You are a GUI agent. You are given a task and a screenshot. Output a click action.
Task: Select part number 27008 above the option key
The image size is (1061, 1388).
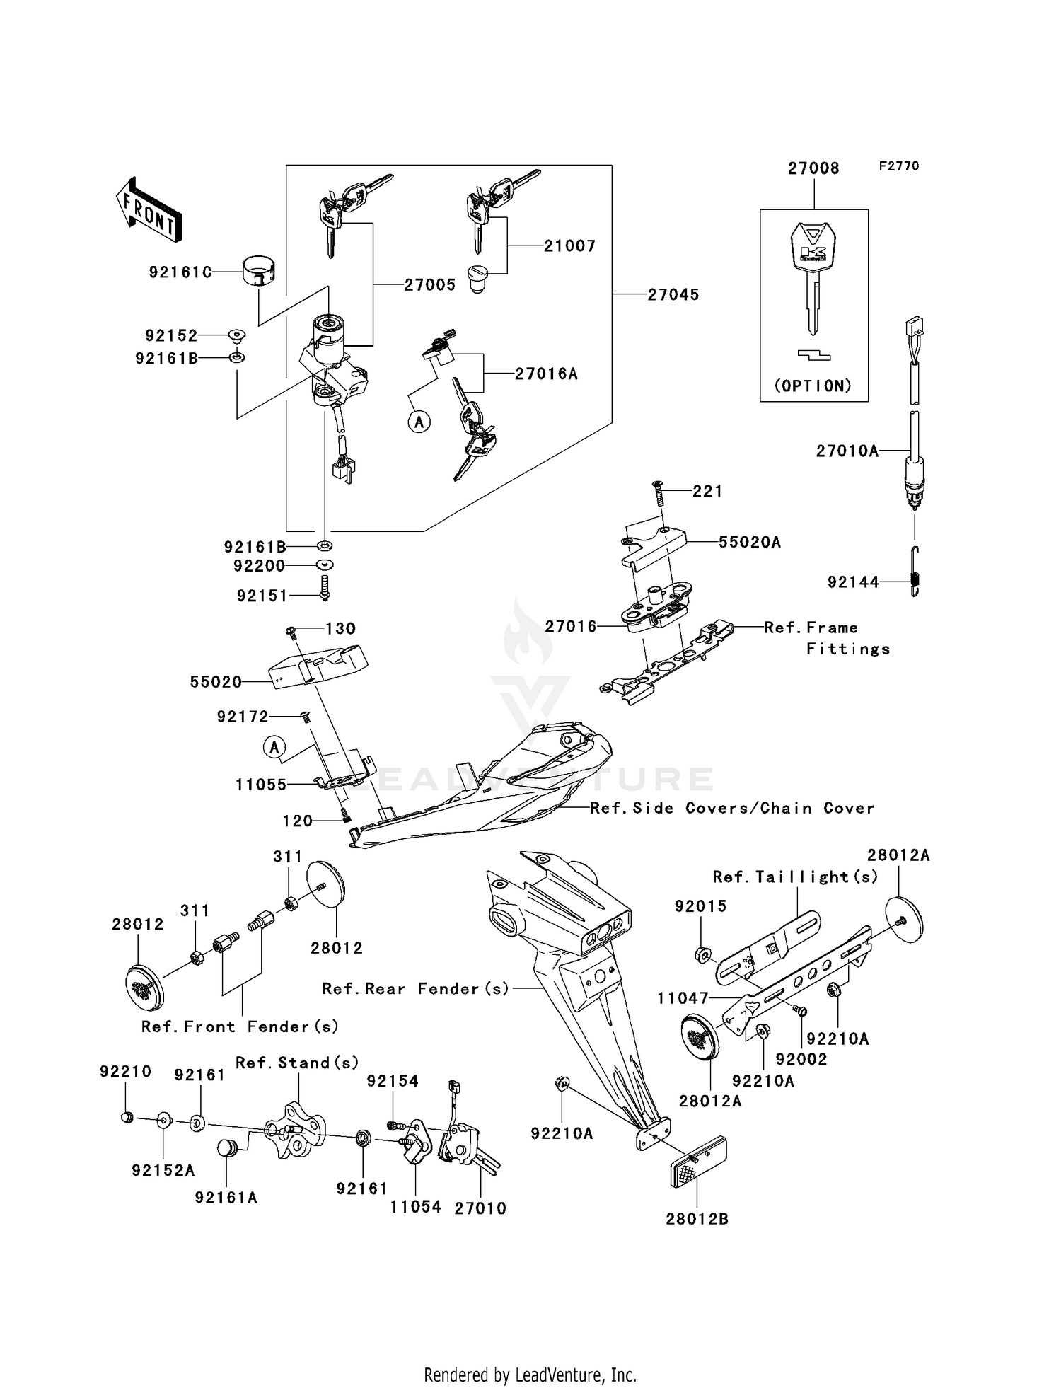click(813, 168)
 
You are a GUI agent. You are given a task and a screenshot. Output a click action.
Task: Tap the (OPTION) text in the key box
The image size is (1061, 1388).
click(813, 386)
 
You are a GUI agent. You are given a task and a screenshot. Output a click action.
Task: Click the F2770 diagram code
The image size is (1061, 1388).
click(898, 166)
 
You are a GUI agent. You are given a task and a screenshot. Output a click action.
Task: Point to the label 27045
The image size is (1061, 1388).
click(673, 294)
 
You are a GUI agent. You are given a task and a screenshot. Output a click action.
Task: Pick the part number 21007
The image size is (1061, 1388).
click(569, 246)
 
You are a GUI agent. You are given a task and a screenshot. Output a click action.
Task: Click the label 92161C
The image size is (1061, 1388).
click(180, 272)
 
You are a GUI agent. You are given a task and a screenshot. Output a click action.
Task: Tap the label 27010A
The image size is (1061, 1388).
click(847, 451)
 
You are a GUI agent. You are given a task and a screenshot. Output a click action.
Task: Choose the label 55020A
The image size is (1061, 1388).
click(749, 543)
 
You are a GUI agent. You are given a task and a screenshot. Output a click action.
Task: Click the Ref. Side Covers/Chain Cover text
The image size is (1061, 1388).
click(732, 808)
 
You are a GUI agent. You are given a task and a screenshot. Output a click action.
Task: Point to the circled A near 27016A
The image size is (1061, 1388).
click(419, 422)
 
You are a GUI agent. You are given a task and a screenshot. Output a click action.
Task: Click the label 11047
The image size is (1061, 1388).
click(683, 998)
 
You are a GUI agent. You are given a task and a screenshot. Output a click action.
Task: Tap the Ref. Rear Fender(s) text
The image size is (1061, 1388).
click(415, 989)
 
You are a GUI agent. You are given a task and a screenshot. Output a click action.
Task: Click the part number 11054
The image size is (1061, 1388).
click(415, 1207)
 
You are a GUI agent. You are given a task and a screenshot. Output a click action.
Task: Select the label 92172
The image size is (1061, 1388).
click(243, 717)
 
